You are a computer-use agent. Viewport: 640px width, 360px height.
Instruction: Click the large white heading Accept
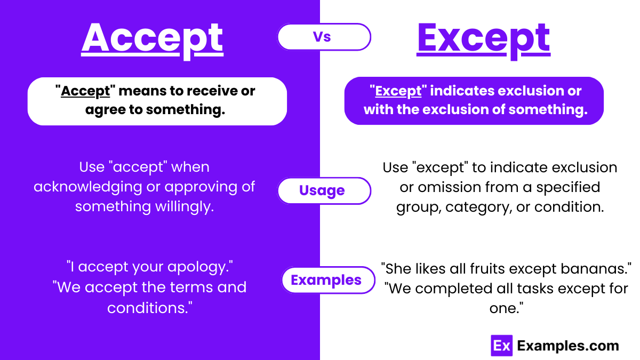(152, 38)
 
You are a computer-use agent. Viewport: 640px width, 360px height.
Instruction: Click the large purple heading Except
(483, 38)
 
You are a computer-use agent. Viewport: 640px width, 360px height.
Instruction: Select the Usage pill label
(322, 190)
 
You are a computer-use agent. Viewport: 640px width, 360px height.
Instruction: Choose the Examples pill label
(326, 279)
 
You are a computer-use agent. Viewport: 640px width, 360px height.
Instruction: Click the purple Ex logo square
(501, 346)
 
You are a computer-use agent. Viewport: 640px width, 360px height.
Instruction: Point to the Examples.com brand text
(568, 346)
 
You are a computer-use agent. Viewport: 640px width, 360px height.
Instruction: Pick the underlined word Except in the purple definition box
(398, 91)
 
